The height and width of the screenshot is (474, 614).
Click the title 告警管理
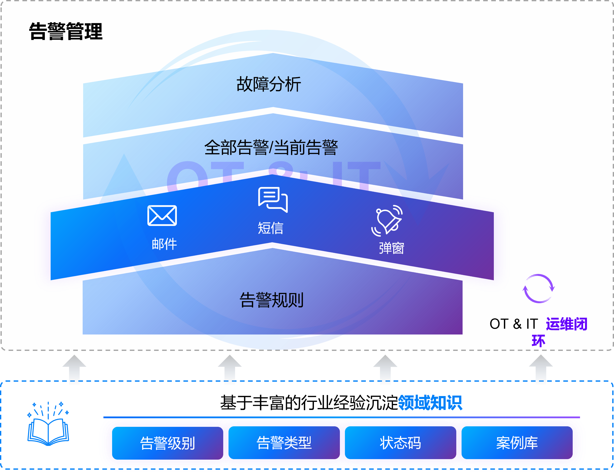[x=66, y=32]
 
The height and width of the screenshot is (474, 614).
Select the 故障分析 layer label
[x=269, y=84]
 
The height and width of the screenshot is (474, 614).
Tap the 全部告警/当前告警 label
[x=271, y=148]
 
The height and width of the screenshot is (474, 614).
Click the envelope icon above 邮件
[x=162, y=216]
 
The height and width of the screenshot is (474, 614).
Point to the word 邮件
[x=164, y=244]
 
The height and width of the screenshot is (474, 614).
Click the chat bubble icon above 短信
[x=273, y=200]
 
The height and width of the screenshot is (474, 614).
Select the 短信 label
[x=270, y=228]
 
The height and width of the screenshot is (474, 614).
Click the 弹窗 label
[x=391, y=248]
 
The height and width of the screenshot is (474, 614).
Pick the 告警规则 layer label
[x=272, y=300]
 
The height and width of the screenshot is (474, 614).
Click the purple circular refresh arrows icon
[x=538, y=289]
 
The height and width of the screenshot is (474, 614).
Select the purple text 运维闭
[x=566, y=324]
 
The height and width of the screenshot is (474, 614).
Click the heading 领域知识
[x=430, y=403]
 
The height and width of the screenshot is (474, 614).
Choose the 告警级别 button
[x=168, y=443]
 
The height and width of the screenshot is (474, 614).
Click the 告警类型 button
[x=284, y=443]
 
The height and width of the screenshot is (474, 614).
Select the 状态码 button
[x=400, y=443]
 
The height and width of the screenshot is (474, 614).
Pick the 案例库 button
[x=517, y=443]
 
